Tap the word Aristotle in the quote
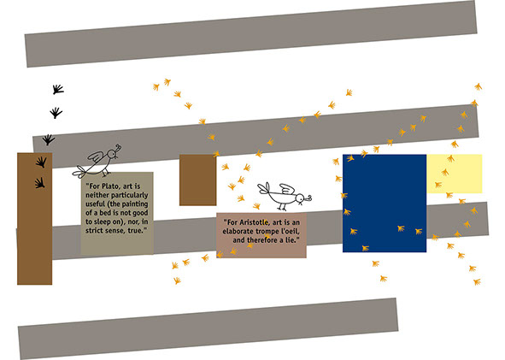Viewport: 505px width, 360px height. (x=254, y=222)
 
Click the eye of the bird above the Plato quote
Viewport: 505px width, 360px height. (x=113, y=153)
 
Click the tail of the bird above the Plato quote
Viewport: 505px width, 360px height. (x=79, y=172)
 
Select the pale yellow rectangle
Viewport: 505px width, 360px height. (x=454, y=174)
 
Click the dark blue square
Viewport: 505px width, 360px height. (x=385, y=204)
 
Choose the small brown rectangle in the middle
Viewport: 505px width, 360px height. (x=197, y=180)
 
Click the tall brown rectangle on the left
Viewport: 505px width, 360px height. (x=35, y=219)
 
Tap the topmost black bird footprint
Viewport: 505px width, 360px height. (x=58, y=89)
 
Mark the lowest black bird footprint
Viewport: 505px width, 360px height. (x=40, y=183)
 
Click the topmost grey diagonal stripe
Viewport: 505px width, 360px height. (x=251, y=33)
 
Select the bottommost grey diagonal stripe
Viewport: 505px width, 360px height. (x=208, y=328)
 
